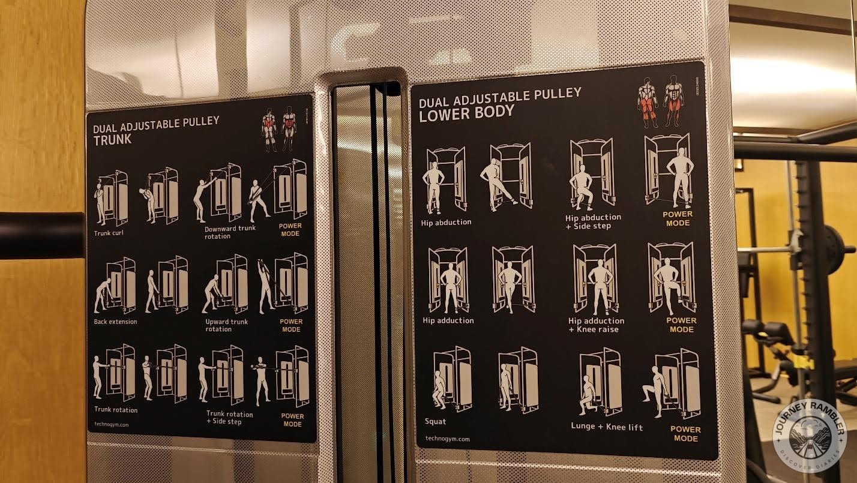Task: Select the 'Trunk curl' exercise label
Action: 109,233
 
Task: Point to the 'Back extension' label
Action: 115,322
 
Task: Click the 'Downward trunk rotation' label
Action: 229,232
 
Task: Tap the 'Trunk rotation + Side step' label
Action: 229,418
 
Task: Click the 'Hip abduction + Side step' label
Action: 593,221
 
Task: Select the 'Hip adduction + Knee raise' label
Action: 596,325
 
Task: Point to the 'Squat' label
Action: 435,421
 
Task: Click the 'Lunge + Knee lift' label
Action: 607,427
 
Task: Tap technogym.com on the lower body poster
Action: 447,439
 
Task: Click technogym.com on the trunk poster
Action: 112,425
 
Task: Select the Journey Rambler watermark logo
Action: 810,436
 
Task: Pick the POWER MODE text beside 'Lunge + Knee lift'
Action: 685,433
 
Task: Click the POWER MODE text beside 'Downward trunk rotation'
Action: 290,230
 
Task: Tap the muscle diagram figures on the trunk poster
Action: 278,129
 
